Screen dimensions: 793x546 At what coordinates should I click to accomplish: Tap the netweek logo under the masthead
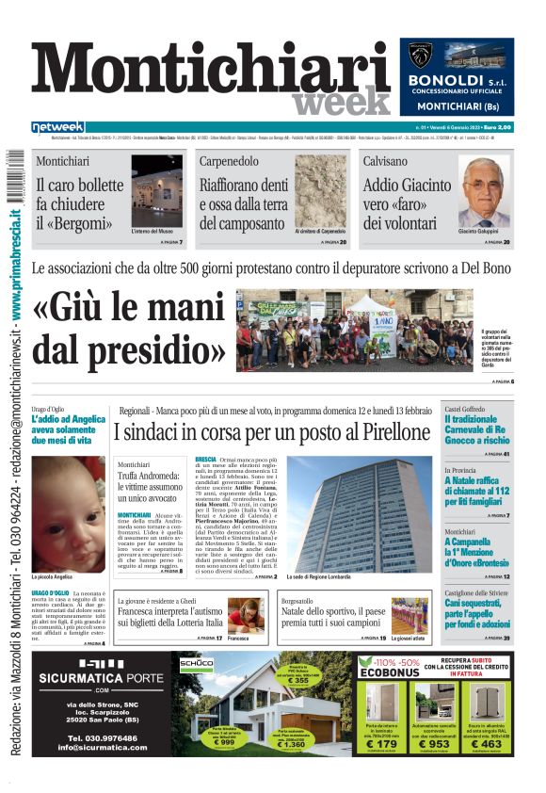[x=57, y=127]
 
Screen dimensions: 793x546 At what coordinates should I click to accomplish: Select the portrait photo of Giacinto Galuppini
[x=484, y=192]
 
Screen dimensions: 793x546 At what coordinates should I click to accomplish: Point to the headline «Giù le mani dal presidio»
[x=130, y=334]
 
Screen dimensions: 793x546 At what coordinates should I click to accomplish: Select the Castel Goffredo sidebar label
[x=465, y=409]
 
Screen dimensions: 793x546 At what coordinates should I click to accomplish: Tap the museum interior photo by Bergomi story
[x=156, y=191]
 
